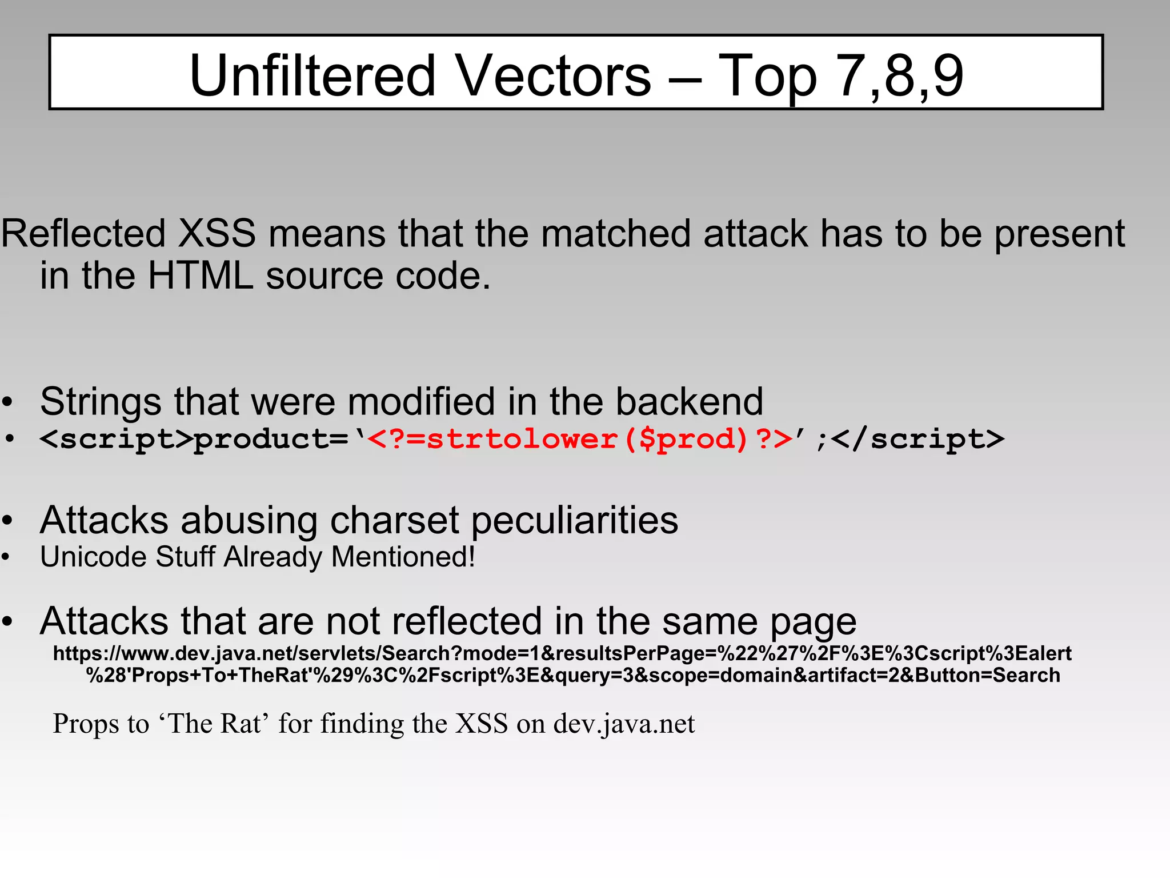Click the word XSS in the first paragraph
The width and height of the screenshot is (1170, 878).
pyautogui.click(x=217, y=234)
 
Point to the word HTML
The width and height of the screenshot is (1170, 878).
pyautogui.click(x=200, y=276)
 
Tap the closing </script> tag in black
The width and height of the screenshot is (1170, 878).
pyautogui.click(x=917, y=439)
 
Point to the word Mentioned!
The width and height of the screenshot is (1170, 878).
pyautogui.click(x=403, y=557)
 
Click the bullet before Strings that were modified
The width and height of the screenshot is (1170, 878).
pyautogui.click(x=7, y=402)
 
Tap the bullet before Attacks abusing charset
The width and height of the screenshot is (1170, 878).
pyautogui.click(x=7, y=521)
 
